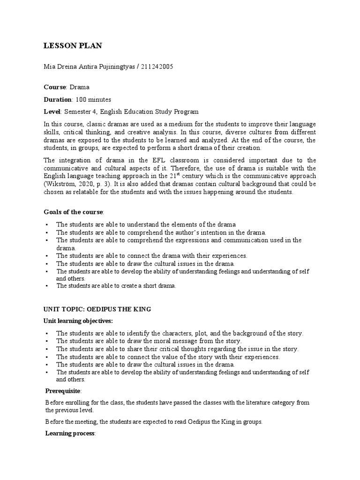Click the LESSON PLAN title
73,45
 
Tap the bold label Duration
58,99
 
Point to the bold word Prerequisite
63,391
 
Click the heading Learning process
70,434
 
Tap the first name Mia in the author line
49,67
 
